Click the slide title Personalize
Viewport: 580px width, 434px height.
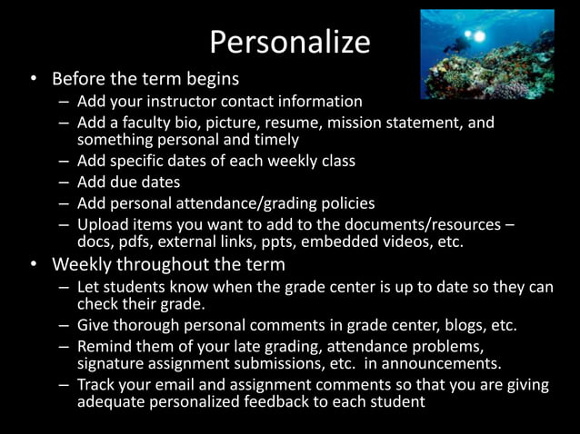click(290, 42)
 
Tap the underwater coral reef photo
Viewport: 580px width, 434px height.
click(486, 54)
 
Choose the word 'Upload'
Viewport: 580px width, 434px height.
click(102, 223)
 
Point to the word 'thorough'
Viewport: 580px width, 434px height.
click(145, 325)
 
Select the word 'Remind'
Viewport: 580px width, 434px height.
click(105, 346)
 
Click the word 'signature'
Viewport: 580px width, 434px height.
click(112, 363)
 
